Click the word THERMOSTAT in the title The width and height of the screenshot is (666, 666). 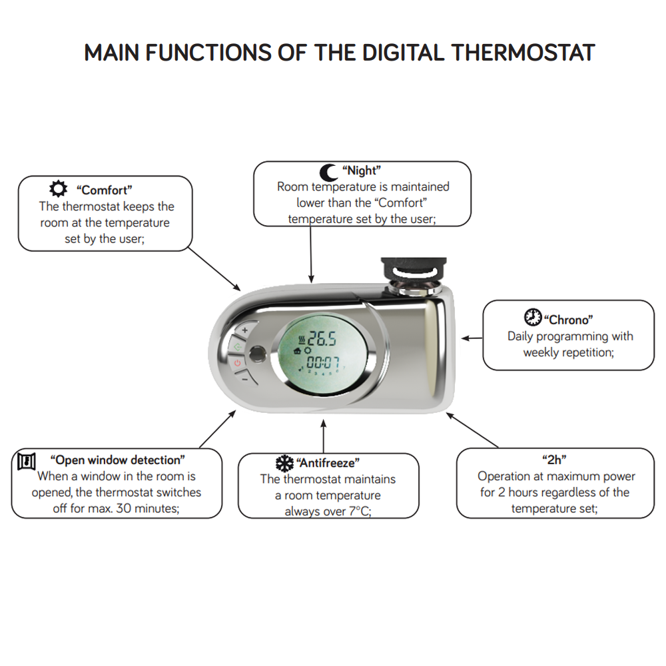point(523,53)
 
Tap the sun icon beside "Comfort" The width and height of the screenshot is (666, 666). point(58,188)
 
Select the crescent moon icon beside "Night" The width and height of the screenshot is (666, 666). point(328,172)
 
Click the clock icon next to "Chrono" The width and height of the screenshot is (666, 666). point(533,317)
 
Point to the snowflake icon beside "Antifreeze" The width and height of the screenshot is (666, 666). point(284,464)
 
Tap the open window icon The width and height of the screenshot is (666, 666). point(27,461)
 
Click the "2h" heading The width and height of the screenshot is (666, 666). point(554,460)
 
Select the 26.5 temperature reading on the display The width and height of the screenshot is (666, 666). point(322,338)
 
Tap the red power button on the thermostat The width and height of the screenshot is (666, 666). point(237,363)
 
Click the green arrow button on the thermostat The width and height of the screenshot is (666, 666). point(237,347)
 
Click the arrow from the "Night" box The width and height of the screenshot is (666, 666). point(311,254)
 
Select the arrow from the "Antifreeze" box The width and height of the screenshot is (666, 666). point(323,436)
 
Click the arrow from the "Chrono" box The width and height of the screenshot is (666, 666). point(472,338)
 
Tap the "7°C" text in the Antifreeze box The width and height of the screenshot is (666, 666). point(360,511)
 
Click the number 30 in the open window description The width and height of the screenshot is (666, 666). point(124,508)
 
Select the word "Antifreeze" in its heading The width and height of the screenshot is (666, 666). point(328,463)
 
